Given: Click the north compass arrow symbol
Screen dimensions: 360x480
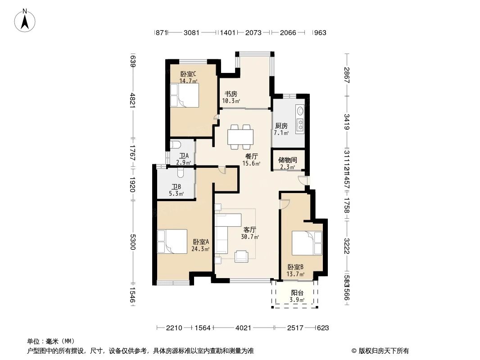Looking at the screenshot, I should pyautogui.click(x=25, y=20).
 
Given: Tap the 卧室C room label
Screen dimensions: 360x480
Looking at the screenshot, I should pyautogui.click(x=188, y=74).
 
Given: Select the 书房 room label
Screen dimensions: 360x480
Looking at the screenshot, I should pyautogui.click(x=231, y=94).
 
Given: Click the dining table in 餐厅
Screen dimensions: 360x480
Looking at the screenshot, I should pyautogui.click(x=240, y=136).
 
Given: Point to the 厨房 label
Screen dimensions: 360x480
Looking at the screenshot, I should pyautogui.click(x=281, y=126).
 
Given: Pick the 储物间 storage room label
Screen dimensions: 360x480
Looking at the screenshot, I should pyautogui.click(x=287, y=160).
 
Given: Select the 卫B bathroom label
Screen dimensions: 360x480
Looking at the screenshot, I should pyautogui.click(x=176, y=187).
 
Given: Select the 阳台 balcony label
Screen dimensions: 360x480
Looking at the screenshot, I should pyautogui.click(x=297, y=293).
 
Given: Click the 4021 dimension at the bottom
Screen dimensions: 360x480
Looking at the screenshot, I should pyautogui.click(x=243, y=328).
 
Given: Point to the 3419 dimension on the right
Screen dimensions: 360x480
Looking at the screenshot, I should pyautogui.click(x=347, y=122).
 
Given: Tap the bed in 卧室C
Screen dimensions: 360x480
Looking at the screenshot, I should pyautogui.click(x=184, y=95).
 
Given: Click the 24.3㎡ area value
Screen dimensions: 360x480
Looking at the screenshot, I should pyautogui.click(x=200, y=248).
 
